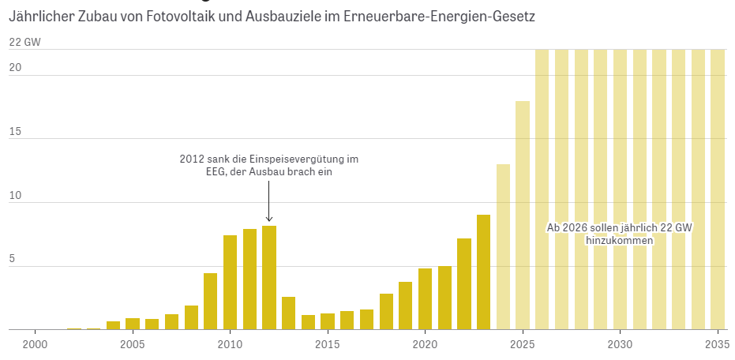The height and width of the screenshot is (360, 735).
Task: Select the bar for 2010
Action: point(230,283)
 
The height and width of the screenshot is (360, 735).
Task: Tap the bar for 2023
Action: point(483,272)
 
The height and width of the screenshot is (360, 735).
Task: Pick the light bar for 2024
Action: point(503,247)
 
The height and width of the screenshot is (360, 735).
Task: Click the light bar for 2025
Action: point(523,216)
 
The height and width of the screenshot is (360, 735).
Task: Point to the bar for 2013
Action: point(288,313)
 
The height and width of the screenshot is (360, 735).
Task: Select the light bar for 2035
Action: point(718,189)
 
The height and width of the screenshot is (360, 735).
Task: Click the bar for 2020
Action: point(425,299)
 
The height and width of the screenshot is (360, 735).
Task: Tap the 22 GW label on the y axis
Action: point(24,43)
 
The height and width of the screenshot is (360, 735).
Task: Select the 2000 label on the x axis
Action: point(35,345)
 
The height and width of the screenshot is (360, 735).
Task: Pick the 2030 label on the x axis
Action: point(620,345)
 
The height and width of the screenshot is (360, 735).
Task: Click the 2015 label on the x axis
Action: point(328,345)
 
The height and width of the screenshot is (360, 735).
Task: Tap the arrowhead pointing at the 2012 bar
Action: point(269,219)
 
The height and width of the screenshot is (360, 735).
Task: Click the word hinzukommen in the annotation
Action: point(619,240)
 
